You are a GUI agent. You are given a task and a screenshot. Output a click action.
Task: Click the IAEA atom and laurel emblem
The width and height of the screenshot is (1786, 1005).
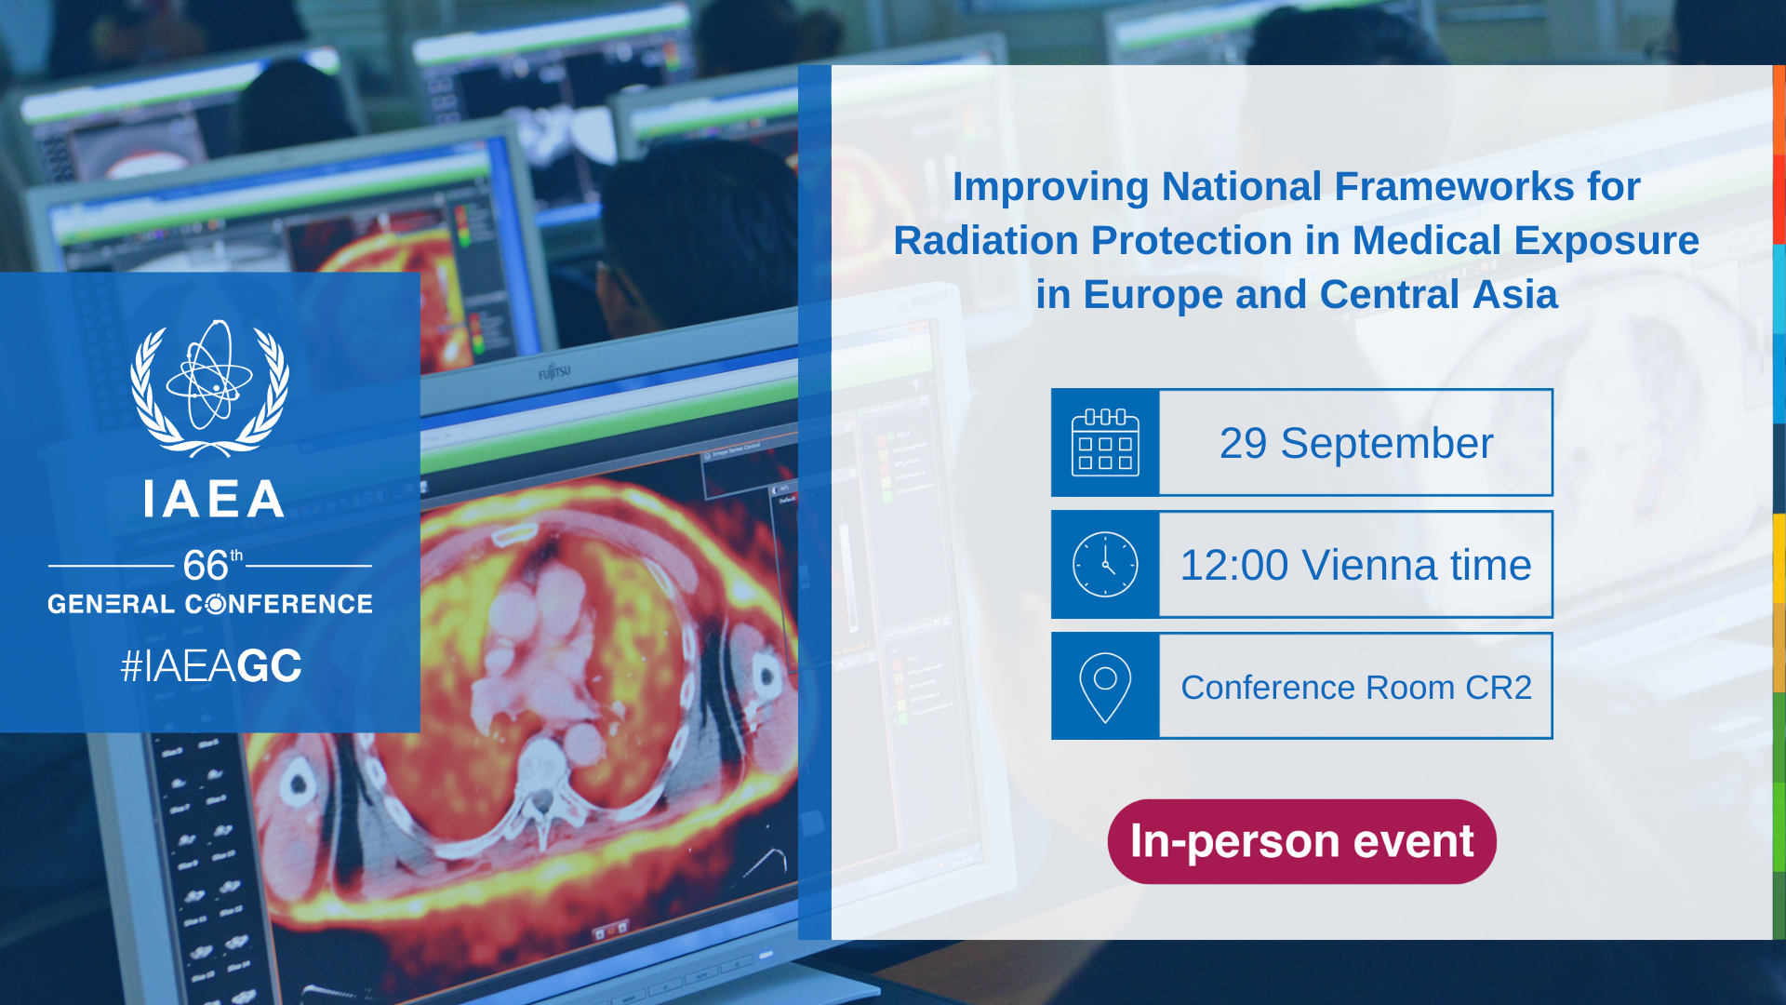click(x=209, y=389)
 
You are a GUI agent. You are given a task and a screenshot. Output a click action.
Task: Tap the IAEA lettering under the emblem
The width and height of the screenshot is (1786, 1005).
click(x=214, y=500)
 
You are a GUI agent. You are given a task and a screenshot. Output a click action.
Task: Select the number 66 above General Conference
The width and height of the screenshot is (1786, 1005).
click(x=206, y=565)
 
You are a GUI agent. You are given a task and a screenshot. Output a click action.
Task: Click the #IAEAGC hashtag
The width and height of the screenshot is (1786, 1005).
click(x=211, y=666)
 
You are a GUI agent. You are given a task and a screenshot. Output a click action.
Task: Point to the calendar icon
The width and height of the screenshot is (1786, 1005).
click(x=1105, y=443)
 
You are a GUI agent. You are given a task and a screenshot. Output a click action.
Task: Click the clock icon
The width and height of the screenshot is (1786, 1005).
click(x=1105, y=565)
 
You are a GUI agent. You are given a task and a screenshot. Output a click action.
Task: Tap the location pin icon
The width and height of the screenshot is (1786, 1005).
click(x=1105, y=688)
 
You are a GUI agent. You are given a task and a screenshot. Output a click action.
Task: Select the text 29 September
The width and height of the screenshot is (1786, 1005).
click(x=1356, y=443)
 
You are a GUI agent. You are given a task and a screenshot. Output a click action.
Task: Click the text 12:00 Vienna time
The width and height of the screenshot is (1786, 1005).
click(x=1356, y=565)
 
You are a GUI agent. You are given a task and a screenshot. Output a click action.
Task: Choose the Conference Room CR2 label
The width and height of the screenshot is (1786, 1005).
click(x=1356, y=688)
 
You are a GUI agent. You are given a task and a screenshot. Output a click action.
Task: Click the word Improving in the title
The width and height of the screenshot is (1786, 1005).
click(x=1051, y=188)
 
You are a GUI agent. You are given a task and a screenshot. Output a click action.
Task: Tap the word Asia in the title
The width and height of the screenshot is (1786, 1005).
click(x=1515, y=295)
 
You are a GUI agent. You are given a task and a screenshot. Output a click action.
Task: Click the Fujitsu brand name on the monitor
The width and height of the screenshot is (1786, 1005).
click(x=554, y=372)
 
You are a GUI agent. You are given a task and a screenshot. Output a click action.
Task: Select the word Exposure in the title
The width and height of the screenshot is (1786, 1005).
click(x=1606, y=242)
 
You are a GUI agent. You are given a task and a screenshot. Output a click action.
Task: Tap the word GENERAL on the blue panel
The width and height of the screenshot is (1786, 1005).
click(x=112, y=604)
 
